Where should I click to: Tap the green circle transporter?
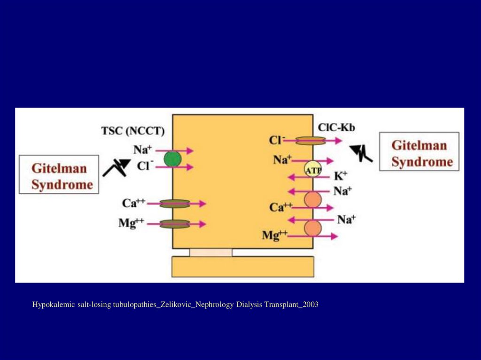(172, 159)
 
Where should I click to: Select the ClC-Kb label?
(336, 127)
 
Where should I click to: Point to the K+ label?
(341, 176)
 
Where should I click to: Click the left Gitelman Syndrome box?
(59, 175)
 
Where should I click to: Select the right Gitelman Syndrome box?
(419, 151)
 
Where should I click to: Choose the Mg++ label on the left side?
(131, 224)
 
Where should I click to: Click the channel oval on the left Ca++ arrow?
(175, 204)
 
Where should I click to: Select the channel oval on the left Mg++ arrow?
(175, 224)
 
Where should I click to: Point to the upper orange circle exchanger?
(313, 199)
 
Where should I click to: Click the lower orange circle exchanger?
(313, 228)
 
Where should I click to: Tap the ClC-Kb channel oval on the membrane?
(310, 140)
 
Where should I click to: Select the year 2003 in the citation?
(310, 305)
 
